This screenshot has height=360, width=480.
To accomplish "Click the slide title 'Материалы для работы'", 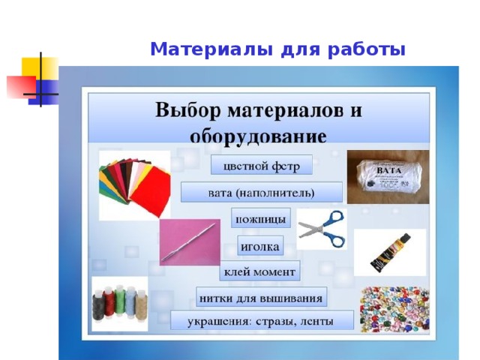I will (x=277, y=50).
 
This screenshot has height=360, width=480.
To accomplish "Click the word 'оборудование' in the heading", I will (x=258, y=137).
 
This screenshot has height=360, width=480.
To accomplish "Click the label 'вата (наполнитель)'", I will (x=261, y=193).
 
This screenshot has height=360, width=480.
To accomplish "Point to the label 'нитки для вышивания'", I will (x=262, y=298).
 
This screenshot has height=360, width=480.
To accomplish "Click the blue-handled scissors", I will (x=323, y=229).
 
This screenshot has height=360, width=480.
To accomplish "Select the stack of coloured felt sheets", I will (x=134, y=185).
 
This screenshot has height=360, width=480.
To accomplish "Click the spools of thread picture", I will (x=119, y=304).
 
